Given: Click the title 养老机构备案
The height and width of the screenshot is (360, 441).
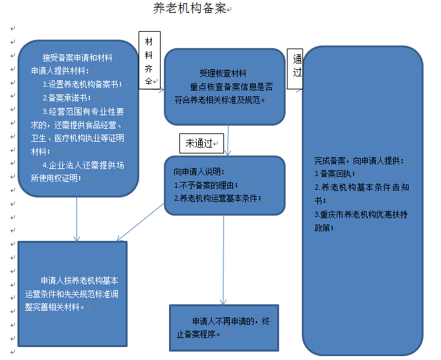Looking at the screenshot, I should pyautogui.click(x=189, y=8).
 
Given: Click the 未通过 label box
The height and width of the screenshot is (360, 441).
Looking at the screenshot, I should pyautogui.click(x=202, y=142).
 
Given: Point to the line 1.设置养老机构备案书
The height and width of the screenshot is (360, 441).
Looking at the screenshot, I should pyautogui.click(x=82, y=84).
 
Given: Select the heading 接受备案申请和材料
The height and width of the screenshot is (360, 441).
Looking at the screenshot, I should pyautogui.click(x=76, y=57).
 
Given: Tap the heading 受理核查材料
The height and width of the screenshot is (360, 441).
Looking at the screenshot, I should pyautogui.click(x=222, y=73).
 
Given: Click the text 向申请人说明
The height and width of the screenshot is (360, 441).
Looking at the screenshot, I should pyautogui.click(x=199, y=172).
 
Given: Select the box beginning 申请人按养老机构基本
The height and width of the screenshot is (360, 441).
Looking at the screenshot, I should pyautogui.click(x=73, y=294).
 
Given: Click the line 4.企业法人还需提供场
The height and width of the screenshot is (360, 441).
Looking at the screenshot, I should pyautogui.click(x=83, y=164).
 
